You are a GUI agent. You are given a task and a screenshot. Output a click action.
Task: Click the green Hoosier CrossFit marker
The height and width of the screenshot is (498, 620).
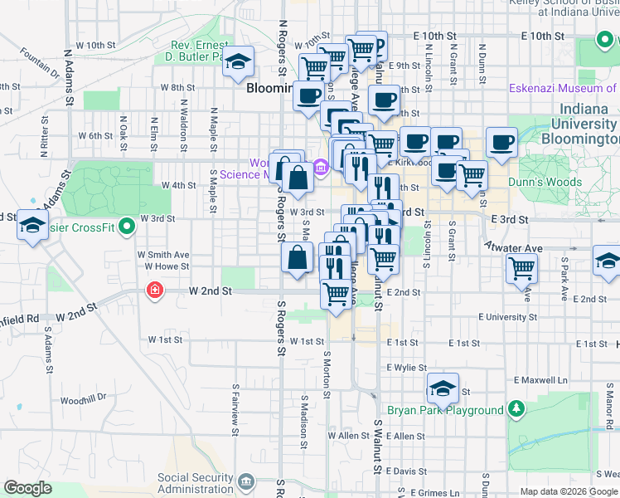pyautogui.click(x=127, y=226)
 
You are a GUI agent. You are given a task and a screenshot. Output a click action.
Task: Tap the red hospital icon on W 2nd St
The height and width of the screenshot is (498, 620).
pyautogui.click(x=154, y=290)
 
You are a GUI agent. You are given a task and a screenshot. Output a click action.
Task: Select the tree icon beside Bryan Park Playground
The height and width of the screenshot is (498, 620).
pyautogui.click(x=516, y=409)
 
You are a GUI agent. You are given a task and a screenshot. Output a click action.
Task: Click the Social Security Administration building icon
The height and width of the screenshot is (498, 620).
pyautogui.click(x=246, y=482)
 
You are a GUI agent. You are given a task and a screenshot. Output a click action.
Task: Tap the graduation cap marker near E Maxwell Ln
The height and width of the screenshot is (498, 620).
pyautogui.click(x=443, y=388)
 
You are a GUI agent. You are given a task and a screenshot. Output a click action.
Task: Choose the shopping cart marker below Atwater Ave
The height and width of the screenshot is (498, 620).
pyautogui.click(x=522, y=267)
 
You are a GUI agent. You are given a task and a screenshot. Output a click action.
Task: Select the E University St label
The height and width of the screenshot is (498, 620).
pyautogui.click(x=496, y=317)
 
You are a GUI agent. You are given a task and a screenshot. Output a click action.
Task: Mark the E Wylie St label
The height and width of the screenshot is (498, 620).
pyautogui.click(x=405, y=367)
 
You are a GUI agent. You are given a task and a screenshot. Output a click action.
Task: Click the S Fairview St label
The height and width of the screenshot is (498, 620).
pyautogui.click(x=235, y=404)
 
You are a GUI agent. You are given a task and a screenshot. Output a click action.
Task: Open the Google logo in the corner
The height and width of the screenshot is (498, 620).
pyautogui.click(x=27, y=488)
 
